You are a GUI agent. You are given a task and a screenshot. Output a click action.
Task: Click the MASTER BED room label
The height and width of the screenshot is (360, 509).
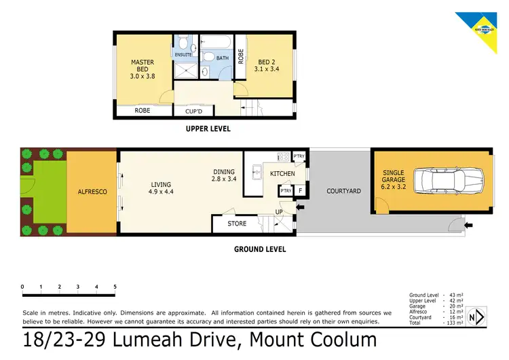[x=143, y=69]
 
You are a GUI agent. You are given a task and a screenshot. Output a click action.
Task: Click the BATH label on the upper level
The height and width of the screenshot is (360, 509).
[x=223, y=58]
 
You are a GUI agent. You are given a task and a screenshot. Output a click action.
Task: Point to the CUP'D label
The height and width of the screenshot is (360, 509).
[x=194, y=111]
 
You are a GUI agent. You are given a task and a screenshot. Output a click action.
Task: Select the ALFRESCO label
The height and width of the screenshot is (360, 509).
[x=92, y=192]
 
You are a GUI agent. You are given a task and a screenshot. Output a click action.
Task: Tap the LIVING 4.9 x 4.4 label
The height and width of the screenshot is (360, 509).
[x=161, y=188]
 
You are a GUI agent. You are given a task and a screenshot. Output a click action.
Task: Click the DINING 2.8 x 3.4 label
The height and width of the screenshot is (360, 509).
[x=223, y=176]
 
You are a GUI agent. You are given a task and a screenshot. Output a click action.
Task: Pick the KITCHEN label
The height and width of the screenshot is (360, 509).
[x=282, y=175]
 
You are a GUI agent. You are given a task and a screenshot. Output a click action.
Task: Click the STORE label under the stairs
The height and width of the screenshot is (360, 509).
[x=237, y=223]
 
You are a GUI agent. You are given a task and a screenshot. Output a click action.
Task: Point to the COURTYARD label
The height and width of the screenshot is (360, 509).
[x=343, y=191]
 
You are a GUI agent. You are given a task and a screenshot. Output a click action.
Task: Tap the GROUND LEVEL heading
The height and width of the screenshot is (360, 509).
[x=260, y=249]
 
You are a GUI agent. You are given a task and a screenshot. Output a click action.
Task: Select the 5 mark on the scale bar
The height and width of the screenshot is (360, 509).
[x=115, y=287]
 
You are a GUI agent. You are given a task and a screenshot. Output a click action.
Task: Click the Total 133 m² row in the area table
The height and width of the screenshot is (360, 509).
[x=435, y=323]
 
